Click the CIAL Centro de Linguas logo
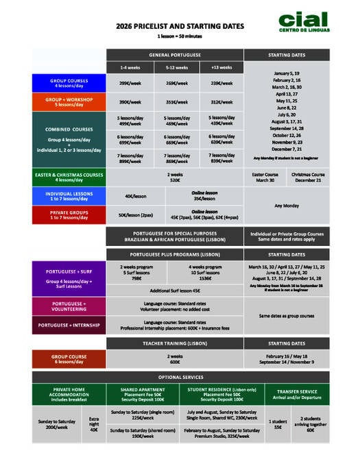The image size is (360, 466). click(303, 21)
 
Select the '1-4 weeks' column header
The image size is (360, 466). click(132, 68)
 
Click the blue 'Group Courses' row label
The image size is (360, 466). click(68, 84)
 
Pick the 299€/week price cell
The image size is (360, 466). click(132, 84)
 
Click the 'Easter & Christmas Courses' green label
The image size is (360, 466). click(68, 177)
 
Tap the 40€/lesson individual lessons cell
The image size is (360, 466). click(135, 195)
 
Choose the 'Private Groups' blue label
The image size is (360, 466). click(68, 214)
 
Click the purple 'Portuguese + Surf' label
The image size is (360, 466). click(68, 278)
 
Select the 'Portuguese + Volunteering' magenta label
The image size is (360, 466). click(68, 306)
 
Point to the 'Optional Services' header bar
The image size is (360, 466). click(180, 378)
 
